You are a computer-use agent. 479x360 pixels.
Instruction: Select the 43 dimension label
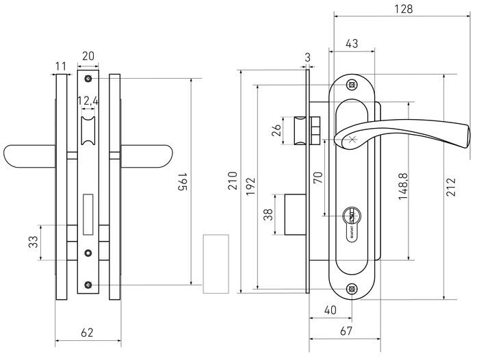(x=352, y=43)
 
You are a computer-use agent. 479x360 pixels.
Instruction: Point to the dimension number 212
(x=452, y=186)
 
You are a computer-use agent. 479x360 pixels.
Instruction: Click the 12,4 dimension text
(x=88, y=101)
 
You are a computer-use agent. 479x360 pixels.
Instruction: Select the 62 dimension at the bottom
(x=87, y=333)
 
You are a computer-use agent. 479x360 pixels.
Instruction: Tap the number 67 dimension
(x=347, y=332)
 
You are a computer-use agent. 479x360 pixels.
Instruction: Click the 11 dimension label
(x=60, y=66)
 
